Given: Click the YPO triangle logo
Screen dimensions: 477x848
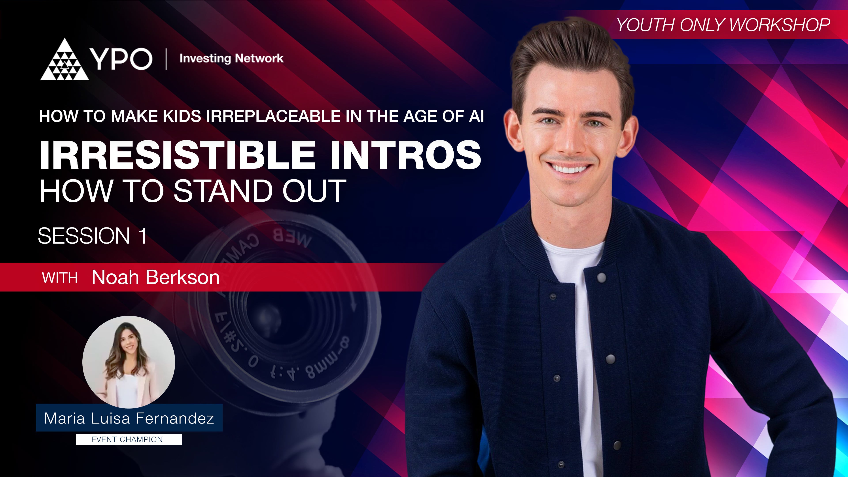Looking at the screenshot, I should tap(64, 61).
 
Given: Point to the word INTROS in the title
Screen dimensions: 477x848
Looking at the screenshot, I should tap(406, 154).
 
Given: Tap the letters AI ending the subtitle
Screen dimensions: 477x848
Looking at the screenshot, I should tap(476, 116).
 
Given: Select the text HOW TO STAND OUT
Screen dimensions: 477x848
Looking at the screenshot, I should tap(193, 191).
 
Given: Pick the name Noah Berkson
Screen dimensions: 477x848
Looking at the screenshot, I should tap(155, 277).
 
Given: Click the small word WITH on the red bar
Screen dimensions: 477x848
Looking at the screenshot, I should tap(60, 278).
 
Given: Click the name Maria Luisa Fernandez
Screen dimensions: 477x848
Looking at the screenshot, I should tap(129, 418).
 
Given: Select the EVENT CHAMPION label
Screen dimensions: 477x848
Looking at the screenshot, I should tap(127, 439).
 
